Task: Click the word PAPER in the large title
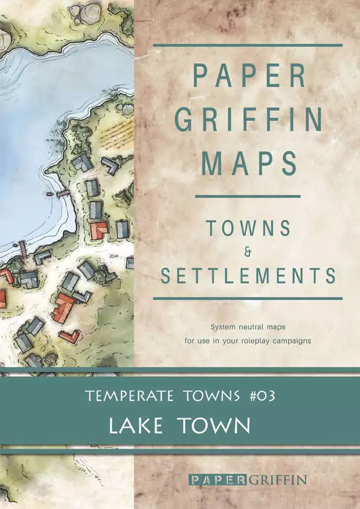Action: [x=248, y=74]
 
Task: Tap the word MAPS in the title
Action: [x=248, y=163]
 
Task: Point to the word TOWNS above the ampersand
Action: [x=248, y=228]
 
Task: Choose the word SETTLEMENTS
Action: [x=248, y=275]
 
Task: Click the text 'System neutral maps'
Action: [x=248, y=327]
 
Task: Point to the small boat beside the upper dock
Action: [x=50, y=196]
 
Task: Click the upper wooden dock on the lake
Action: [x=62, y=193]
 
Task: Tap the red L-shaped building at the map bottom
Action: [x=69, y=336]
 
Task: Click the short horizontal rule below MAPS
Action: [x=248, y=196]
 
